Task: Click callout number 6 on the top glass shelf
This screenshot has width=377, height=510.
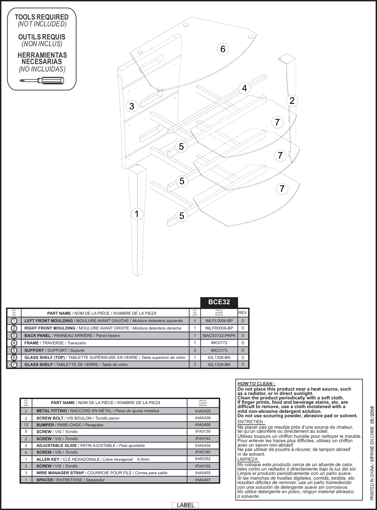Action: pos(222,49)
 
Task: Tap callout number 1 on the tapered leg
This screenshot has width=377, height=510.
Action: pos(136,214)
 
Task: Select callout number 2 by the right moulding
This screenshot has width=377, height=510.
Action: pos(292,101)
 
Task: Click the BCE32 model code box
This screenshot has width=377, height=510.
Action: pos(219,302)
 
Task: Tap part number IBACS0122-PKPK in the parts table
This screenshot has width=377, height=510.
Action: pos(219,336)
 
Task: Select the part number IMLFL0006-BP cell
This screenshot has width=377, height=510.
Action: pos(219,321)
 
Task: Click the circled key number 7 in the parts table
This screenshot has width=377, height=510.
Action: pos(14,365)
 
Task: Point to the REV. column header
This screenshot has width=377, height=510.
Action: pos(243,313)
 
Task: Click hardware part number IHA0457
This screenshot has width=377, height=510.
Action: pos(203,480)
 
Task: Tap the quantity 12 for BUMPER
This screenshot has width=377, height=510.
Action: pos(26,425)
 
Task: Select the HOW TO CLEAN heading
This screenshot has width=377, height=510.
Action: pos(256,384)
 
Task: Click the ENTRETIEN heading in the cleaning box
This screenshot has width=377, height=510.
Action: pos(251,422)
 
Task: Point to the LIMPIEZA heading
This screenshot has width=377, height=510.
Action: pos(248,459)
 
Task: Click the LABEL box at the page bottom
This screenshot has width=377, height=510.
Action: pos(185,505)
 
